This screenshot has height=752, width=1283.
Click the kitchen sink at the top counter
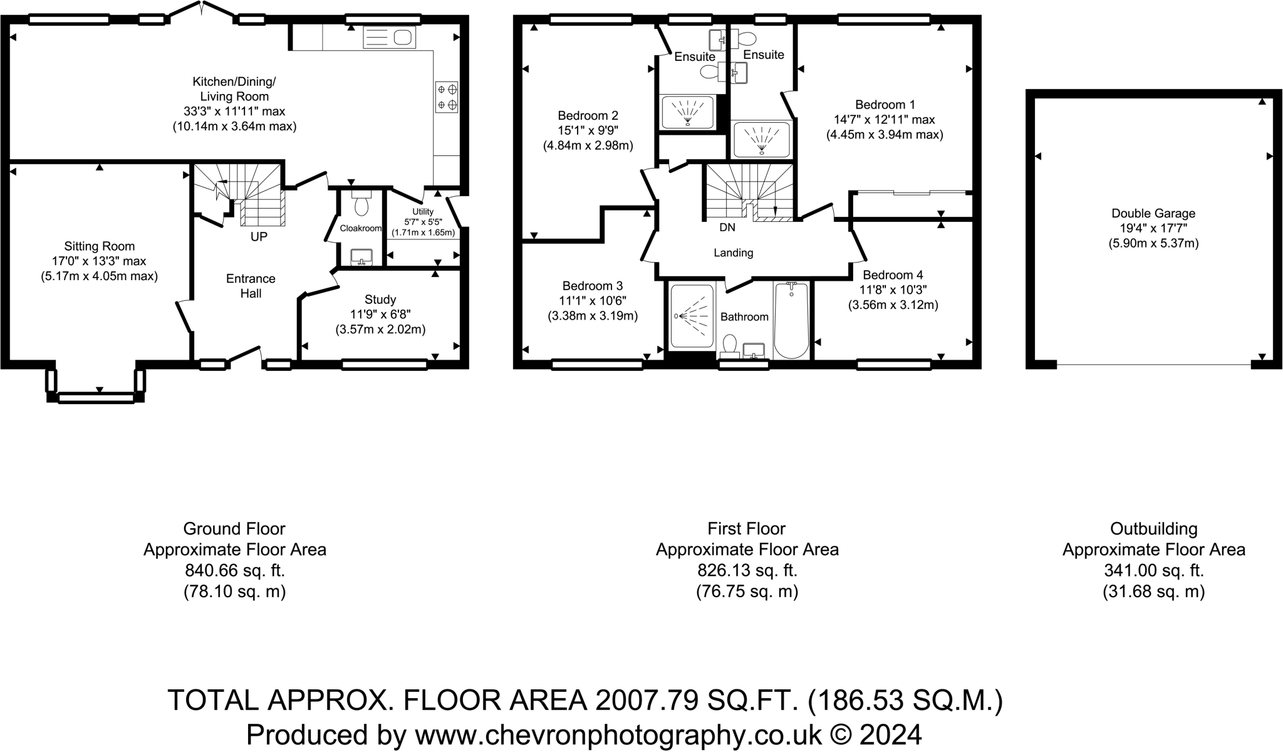pyautogui.click(x=389, y=38)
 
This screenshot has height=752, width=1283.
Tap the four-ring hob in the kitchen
pyautogui.click(x=447, y=97)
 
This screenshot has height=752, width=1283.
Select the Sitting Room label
pyautogui.click(x=99, y=246)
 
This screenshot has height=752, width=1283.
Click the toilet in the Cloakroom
pyautogui.click(x=361, y=205)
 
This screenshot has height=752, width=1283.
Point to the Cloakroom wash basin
pyautogui.click(x=361, y=256)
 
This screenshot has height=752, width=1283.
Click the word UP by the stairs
pyautogui.click(x=259, y=237)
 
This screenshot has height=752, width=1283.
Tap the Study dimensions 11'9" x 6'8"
pyautogui.click(x=380, y=315)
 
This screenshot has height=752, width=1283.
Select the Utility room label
pyautogui.click(x=423, y=212)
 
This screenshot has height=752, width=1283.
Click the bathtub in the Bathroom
pyautogui.click(x=791, y=321)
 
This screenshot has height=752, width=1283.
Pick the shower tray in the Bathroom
pyautogui.click(x=692, y=316)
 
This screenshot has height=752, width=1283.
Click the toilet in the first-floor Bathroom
pyautogui.click(x=729, y=345)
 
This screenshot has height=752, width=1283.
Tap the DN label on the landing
pyautogui.click(x=727, y=227)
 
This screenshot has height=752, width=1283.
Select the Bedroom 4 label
pyautogui.click(x=893, y=274)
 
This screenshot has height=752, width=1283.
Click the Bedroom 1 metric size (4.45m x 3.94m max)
pyautogui.click(x=885, y=134)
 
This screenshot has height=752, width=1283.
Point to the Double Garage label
pyautogui.click(x=1153, y=213)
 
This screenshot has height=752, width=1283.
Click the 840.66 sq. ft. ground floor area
pyautogui.click(x=235, y=570)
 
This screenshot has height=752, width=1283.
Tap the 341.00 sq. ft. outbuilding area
pyautogui.click(x=1153, y=570)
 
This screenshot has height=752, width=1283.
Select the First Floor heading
pyautogui.click(x=746, y=528)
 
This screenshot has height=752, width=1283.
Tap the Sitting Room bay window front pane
pyautogui.click(x=96, y=397)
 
